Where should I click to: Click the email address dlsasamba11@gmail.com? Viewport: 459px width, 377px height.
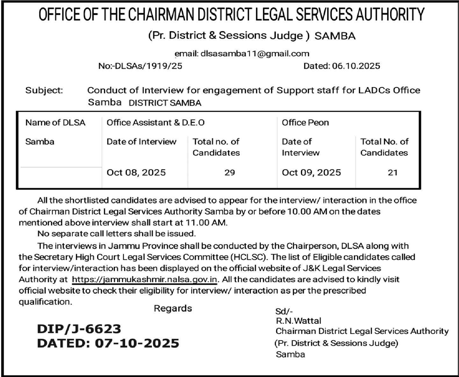point(255,54)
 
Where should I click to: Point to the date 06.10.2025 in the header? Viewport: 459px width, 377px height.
point(356,66)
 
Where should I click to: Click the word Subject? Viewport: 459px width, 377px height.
point(44,90)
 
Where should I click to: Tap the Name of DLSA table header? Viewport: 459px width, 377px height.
point(55,122)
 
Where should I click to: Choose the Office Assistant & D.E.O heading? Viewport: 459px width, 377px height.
point(155,122)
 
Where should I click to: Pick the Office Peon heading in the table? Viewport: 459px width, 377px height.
point(305,122)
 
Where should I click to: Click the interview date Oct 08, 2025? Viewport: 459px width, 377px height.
point(136,173)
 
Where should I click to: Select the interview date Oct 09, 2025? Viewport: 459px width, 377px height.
point(311,173)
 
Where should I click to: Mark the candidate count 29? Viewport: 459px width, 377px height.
point(230,173)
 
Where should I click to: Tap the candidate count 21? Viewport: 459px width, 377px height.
point(392,173)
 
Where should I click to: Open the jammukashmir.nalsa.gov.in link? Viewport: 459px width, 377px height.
point(145,280)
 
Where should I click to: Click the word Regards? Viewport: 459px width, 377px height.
point(173,308)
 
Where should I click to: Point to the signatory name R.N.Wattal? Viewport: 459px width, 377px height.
point(298,321)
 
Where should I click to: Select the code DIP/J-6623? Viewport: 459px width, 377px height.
point(79,329)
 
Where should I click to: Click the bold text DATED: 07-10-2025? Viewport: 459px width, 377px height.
point(108,343)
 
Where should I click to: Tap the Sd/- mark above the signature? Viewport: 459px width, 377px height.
point(284,312)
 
